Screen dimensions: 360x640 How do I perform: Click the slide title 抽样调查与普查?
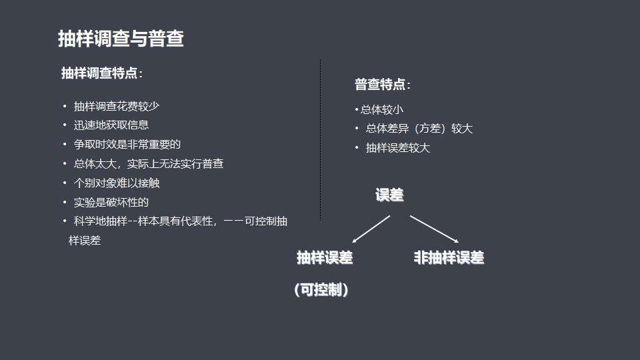[121, 39]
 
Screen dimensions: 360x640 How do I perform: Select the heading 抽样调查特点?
[101, 73]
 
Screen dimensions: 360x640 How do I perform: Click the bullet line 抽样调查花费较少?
[116, 106]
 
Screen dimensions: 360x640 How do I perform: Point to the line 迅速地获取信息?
[111, 125]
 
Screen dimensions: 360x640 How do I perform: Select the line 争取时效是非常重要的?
[127, 144]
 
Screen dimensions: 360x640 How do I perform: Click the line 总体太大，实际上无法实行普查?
[148, 163]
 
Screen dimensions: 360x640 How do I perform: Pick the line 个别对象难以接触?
[116, 183]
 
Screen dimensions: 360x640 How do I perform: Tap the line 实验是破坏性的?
[111, 202]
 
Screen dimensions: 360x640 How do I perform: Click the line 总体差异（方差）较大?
[419, 129]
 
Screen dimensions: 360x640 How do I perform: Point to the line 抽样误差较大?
[398, 148]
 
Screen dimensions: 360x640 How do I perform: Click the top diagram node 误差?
[389, 195]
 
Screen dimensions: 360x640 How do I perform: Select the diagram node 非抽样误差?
[449, 258]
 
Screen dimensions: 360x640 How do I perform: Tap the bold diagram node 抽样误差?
[325, 258]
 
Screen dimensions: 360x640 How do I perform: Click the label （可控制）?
[321, 291]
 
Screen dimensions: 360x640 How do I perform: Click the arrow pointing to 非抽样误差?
[434, 229]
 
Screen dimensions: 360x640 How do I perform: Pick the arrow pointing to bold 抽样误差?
[371, 229]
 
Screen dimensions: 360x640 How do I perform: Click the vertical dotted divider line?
[320, 140]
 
